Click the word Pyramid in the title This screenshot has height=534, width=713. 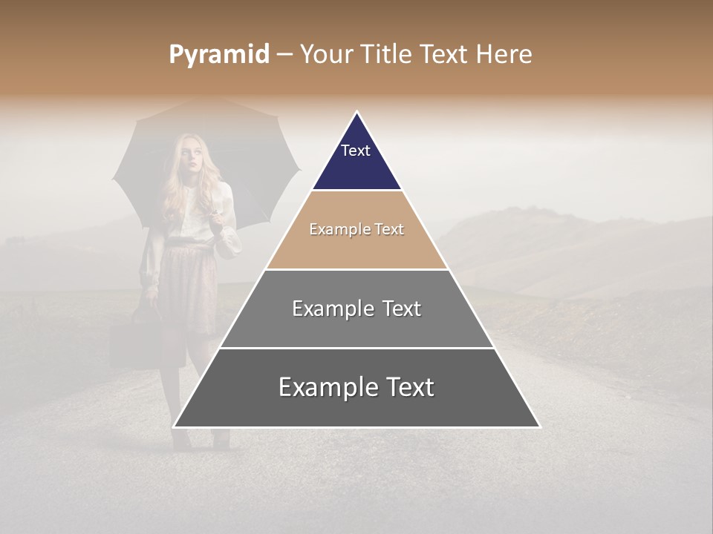[219, 55]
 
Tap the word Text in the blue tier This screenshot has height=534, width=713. [356, 151]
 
